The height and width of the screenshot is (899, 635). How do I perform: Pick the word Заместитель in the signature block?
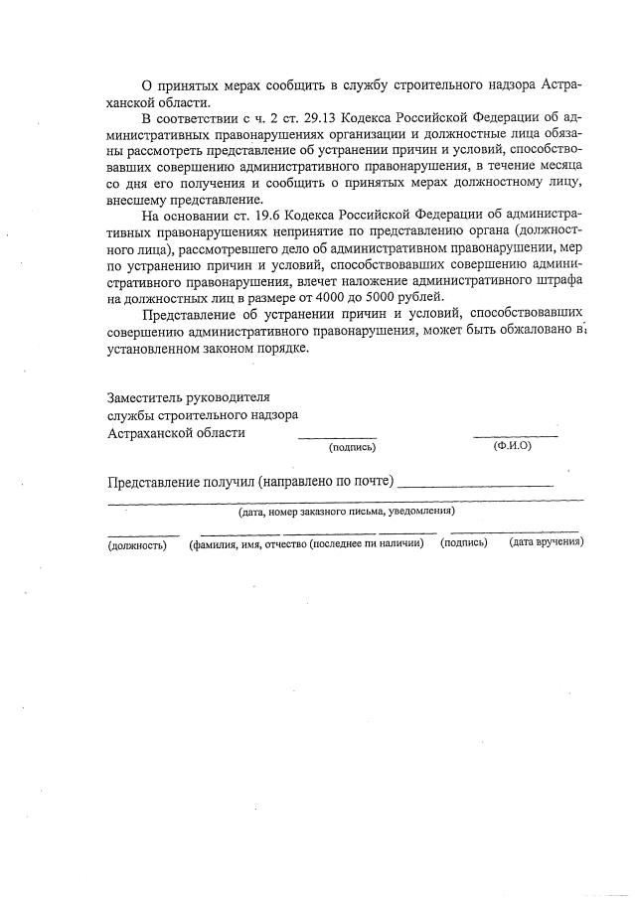146,396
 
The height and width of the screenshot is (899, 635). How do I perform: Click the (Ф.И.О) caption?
513,445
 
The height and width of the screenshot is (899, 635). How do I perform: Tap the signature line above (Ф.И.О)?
515,436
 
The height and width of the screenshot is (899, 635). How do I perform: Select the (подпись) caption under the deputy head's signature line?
352,446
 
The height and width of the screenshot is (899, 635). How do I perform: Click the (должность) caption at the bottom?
136,543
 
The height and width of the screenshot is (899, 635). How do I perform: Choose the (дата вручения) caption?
546,542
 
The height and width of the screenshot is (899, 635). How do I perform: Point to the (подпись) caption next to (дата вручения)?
464,542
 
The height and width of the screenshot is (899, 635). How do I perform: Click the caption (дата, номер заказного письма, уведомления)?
346,511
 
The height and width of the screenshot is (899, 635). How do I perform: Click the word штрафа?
556,281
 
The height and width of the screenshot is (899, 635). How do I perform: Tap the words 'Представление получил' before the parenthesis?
180,483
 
